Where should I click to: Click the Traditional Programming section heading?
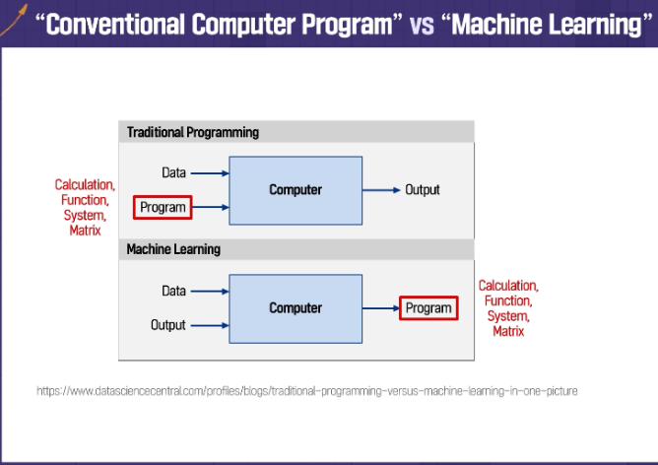pos(192,132)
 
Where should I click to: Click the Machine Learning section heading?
pos(173,250)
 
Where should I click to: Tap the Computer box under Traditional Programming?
pos(296,190)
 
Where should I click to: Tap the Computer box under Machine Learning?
pos(296,308)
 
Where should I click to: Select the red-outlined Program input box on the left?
pos(163,207)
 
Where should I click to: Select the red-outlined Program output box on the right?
pos(428,308)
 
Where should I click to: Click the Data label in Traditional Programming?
pos(173,173)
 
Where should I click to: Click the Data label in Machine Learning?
pos(173,292)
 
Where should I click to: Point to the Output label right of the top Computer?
pos(423,190)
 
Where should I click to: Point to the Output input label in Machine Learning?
pos(168,325)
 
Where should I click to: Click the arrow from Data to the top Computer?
pos(209,173)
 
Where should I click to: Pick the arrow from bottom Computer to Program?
pos(380,308)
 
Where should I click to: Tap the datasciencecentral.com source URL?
pos(306,391)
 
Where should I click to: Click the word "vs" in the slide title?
pos(421,25)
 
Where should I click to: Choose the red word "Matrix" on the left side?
pos(85,231)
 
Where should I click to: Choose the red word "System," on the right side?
pos(508,316)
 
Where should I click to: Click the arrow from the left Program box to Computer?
pos(211,207)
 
